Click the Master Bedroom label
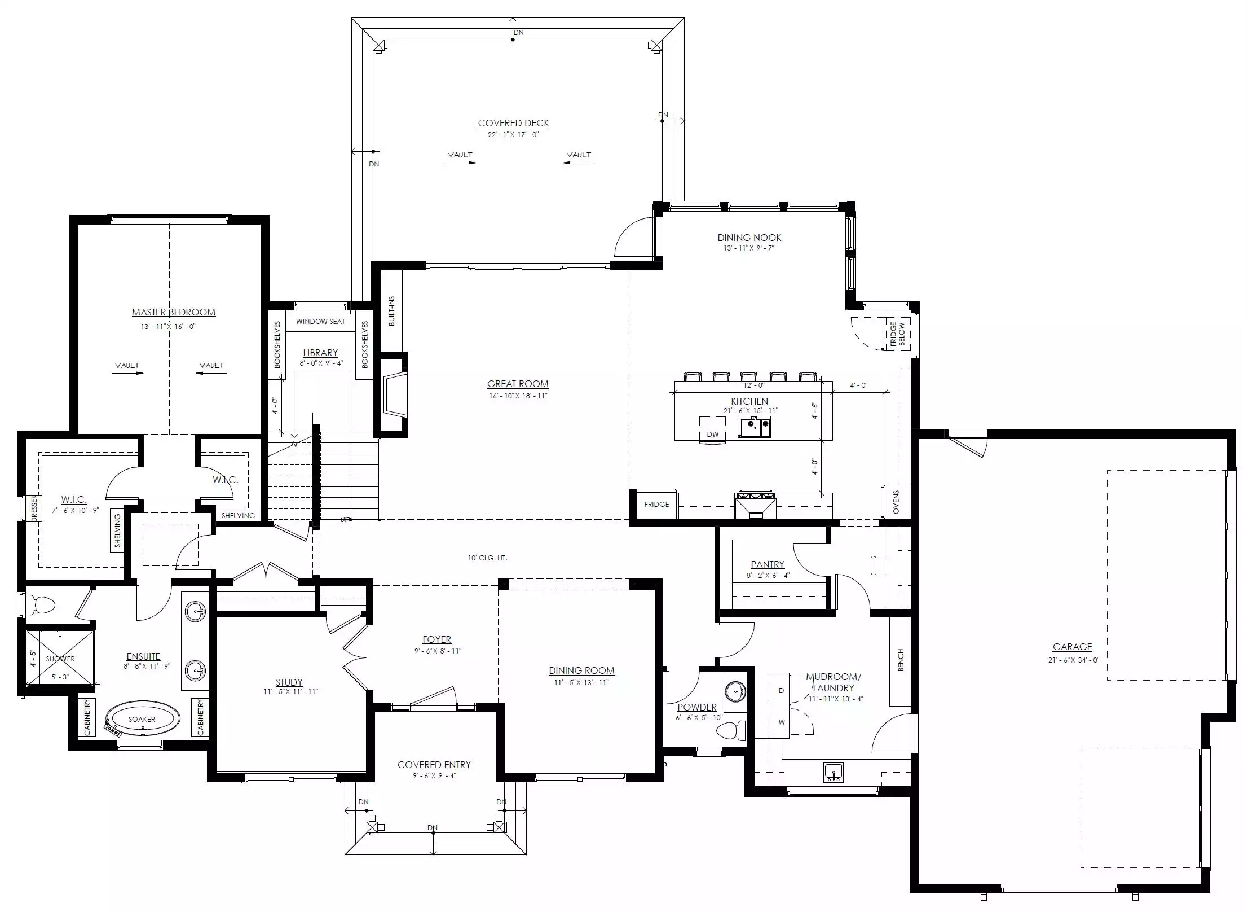tap(174, 312)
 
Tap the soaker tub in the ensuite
tap(143, 719)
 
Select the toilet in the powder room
tap(731, 730)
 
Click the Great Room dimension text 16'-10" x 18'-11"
tap(518, 396)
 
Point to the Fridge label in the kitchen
tap(656, 504)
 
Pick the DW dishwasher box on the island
tap(713, 429)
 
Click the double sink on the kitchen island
tap(755, 427)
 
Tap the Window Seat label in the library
tap(320, 322)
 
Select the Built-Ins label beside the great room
tap(392, 311)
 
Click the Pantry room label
tap(768, 564)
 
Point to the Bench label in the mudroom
tap(901, 660)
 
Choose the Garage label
tap(1072, 647)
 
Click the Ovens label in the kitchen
tap(896, 502)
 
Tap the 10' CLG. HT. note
tap(487, 558)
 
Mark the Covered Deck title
tap(513, 123)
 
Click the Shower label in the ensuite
tap(60, 659)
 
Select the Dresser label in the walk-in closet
tap(34, 508)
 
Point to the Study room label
tap(289, 682)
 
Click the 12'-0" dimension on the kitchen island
tap(754, 385)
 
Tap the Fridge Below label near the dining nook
tap(897, 334)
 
